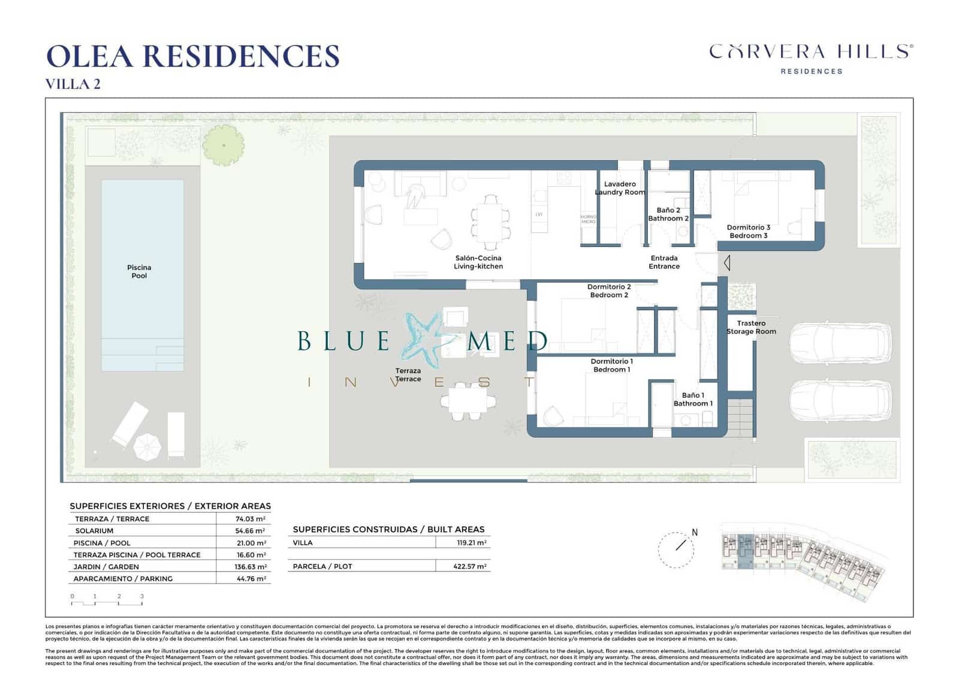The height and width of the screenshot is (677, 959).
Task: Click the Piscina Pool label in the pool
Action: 139,271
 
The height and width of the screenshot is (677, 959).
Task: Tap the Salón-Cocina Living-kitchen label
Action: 478,262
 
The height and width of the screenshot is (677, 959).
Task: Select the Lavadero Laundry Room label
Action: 620,188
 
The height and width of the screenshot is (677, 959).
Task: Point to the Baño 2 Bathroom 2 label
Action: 668,214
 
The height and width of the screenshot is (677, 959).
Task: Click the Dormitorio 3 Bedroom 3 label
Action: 748,231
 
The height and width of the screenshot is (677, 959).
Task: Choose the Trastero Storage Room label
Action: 751,327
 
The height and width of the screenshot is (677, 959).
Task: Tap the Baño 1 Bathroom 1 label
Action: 693,399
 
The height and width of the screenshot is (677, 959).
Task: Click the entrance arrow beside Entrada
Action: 726,262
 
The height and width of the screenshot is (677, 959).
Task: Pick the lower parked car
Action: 839,401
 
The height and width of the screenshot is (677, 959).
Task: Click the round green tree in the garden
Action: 224,145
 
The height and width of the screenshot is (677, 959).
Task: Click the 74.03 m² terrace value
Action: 250,519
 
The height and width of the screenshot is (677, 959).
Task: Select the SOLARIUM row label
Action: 94,531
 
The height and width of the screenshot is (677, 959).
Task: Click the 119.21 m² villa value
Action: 471,543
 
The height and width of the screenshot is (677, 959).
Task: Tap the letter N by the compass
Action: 695,532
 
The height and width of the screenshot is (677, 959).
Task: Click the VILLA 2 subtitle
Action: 73,84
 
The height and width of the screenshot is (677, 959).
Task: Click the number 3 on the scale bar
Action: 142,596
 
